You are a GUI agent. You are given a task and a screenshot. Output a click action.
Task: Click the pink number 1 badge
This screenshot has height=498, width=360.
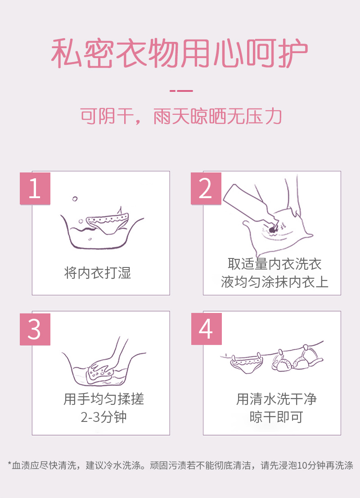click(35, 188)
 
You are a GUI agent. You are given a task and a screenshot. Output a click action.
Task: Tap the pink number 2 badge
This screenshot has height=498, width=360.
click(206, 188)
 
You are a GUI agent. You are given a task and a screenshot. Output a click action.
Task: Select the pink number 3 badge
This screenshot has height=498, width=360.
click(35, 329)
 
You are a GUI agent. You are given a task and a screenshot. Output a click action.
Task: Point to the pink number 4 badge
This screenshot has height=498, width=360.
click(206, 329)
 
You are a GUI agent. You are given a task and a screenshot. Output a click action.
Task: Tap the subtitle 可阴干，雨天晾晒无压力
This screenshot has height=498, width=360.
click(180, 116)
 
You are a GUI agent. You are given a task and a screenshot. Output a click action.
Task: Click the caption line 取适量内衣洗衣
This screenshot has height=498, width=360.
click(274, 264)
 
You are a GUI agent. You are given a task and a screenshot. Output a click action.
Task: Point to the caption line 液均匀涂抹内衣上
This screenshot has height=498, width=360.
click(274, 282)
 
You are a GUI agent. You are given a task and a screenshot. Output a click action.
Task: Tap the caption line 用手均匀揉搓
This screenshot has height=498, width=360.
click(103, 399)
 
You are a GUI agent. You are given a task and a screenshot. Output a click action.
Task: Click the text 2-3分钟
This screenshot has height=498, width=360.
click(103, 417)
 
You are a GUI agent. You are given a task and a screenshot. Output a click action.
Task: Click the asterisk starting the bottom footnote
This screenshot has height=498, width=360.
click(10, 464)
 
